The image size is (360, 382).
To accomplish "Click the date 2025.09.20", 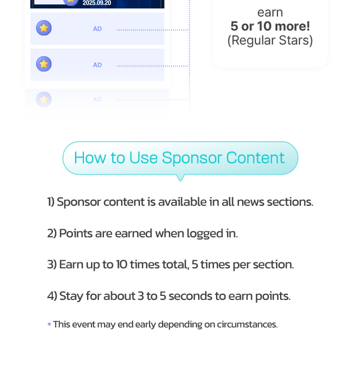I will click(97, 3).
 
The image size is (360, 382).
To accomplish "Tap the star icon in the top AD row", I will click(44, 28).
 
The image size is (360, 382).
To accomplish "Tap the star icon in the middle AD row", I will click(44, 64).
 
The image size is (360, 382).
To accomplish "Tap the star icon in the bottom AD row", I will click(44, 99).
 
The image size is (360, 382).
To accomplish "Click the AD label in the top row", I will click(97, 29).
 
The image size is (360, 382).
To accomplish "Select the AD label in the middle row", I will click(97, 65).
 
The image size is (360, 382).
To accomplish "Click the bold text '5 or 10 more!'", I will click(270, 26).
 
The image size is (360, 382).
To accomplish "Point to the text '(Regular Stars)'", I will click(270, 40).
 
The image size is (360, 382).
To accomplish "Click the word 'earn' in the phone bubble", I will click(270, 13).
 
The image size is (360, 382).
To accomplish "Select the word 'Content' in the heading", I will click(255, 158).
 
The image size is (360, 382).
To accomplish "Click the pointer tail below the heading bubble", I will click(180, 177).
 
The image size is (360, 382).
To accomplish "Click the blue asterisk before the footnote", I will click(49, 324).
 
